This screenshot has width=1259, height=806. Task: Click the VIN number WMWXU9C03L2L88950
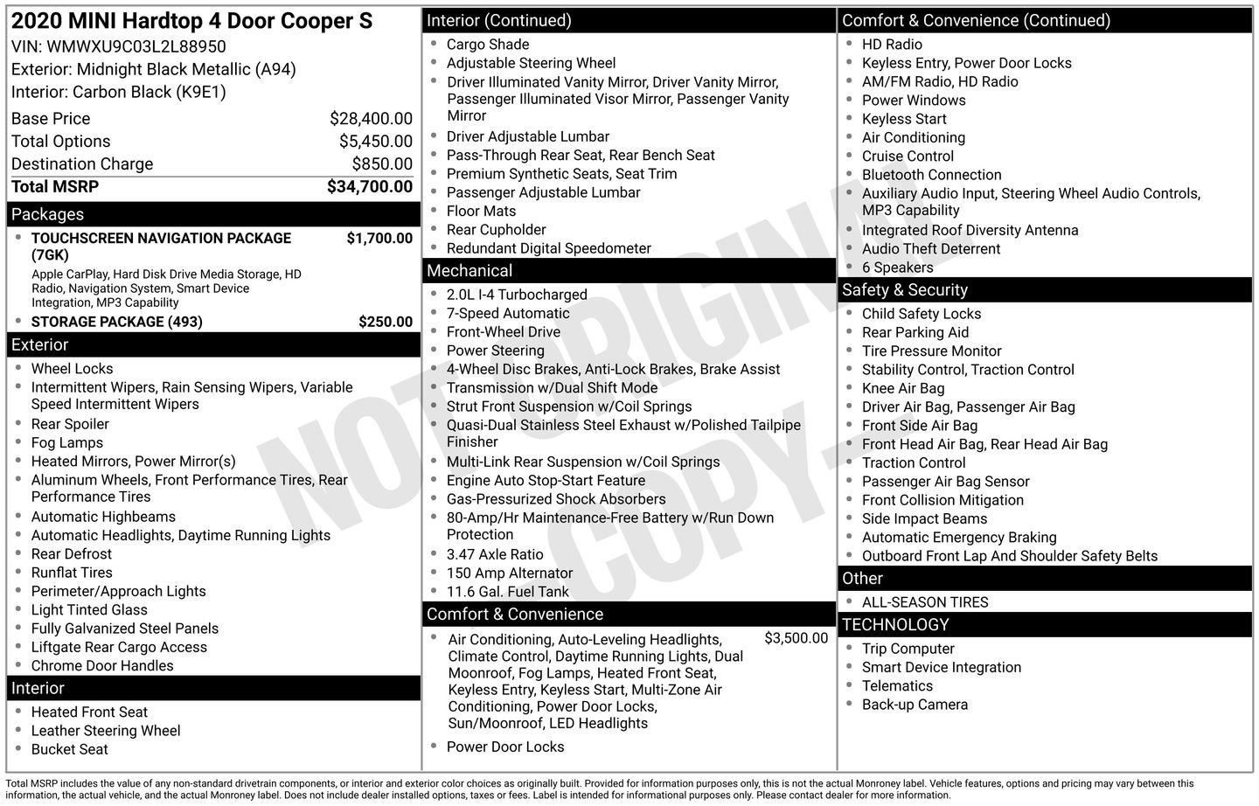click(x=136, y=47)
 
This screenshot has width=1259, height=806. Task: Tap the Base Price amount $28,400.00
click(x=371, y=119)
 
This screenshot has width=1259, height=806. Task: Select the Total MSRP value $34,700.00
click(x=369, y=186)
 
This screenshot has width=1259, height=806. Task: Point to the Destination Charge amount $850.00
click(x=382, y=164)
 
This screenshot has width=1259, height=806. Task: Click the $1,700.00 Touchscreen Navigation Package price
click(x=379, y=238)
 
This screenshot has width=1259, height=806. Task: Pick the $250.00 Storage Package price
click(x=386, y=322)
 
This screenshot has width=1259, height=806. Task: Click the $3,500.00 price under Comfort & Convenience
click(x=796, y=638)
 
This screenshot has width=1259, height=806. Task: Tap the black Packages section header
click(x=213, y=214)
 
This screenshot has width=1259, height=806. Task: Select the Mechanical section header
click(x=628, y=271)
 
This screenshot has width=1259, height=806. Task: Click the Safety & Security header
click(x=1046, y=290)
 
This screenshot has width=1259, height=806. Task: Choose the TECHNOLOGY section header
click(x=1046, y=625)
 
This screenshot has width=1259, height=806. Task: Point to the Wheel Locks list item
click(x=72, y=369)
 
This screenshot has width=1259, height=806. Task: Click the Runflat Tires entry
click(x=72, y=573)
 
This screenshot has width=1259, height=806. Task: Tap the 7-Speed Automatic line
click(x=508, y=314)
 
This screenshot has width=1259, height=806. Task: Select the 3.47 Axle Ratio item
click(x=495, y=555)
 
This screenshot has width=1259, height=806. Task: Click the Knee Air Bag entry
click(x=903, y=389)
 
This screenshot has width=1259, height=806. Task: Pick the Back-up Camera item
click(x=915, y=705)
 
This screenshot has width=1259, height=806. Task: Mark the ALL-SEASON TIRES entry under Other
click(x=925, y=602)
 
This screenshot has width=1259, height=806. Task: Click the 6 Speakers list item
click(x=897, y=268)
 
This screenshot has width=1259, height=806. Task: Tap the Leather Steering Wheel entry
click(x=106, y=731)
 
